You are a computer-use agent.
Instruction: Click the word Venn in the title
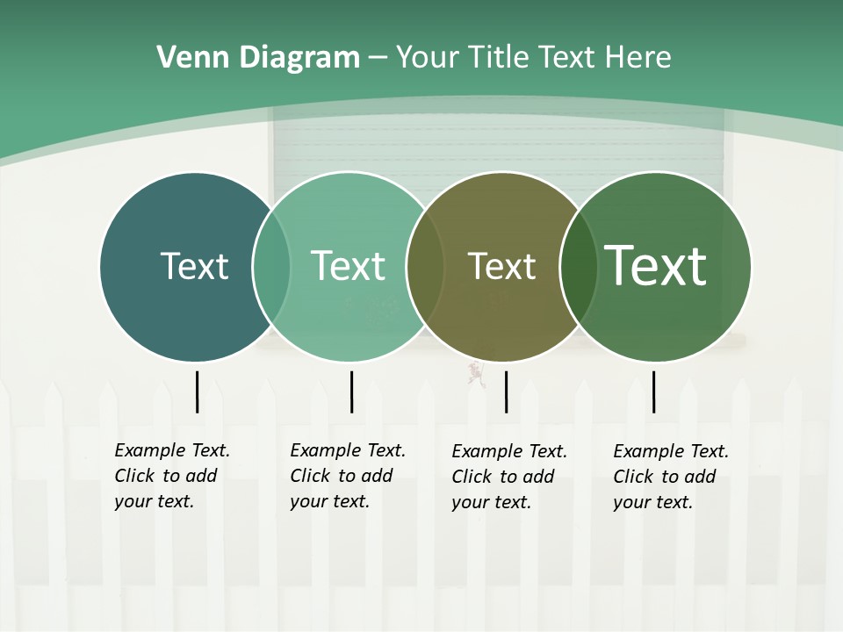(x=188, y=58)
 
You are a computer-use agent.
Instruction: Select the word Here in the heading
(x=638, y=58)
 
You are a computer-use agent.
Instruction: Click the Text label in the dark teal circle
(x=194, y=266)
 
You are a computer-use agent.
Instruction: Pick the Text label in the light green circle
(x=348, y=266)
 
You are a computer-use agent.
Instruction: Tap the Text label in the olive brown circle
(x=501, y=267)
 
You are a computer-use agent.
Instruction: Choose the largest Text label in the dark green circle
(x=655, y=265)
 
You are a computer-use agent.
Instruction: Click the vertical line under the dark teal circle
(x=197, y=391)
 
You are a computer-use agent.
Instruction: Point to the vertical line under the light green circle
(x=351, y=391)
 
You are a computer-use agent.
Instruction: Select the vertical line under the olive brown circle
(x=506, y=391)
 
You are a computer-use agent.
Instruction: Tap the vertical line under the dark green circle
(x=653, y=391)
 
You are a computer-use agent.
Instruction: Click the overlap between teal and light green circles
(x=271, y=267)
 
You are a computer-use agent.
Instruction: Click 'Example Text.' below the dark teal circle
(x=172, y=450)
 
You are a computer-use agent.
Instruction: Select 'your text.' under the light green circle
(x=330, y=501)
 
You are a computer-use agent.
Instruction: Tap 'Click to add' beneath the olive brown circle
(x=503, y=477)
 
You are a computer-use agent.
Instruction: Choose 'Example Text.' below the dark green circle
(x=671, y=451)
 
